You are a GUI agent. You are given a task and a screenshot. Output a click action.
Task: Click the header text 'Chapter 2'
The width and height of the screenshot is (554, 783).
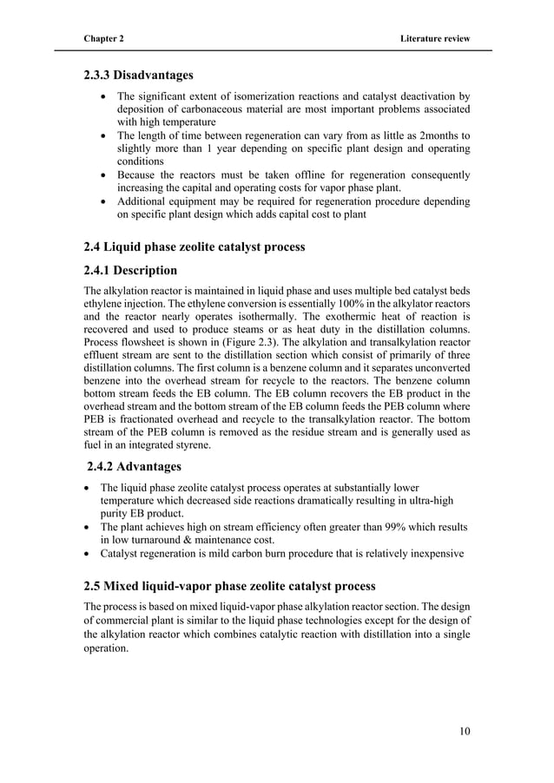coord(103,40)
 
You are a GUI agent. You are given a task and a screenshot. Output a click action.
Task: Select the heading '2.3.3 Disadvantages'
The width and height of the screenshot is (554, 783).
coord(138,76)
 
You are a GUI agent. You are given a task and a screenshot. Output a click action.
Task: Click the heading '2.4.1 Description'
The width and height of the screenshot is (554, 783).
coord(130,270)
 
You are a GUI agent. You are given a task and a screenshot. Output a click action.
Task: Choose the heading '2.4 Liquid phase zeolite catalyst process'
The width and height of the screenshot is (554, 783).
coord(194,247)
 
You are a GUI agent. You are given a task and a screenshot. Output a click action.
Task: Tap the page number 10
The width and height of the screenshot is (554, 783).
coord(464,731)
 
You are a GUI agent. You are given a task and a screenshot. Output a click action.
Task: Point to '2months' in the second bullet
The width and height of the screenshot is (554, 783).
coord(436,136)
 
